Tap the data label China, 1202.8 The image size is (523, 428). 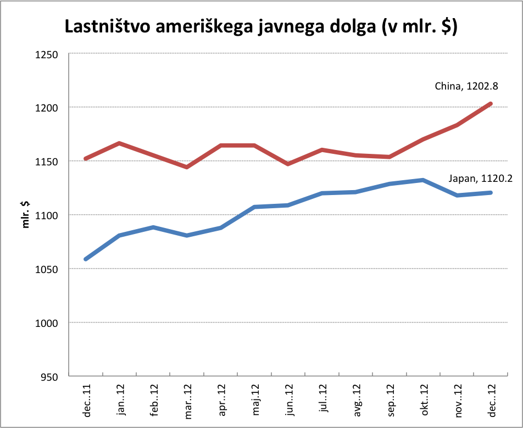[466, 86]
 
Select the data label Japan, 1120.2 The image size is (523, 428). [477, 179]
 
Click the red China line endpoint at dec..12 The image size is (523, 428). [491, 104]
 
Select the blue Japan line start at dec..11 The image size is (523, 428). [86, 259]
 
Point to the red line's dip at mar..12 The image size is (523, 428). [187, 167]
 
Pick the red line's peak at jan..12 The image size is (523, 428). [119, 143]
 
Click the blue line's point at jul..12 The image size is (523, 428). [322, 193]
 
